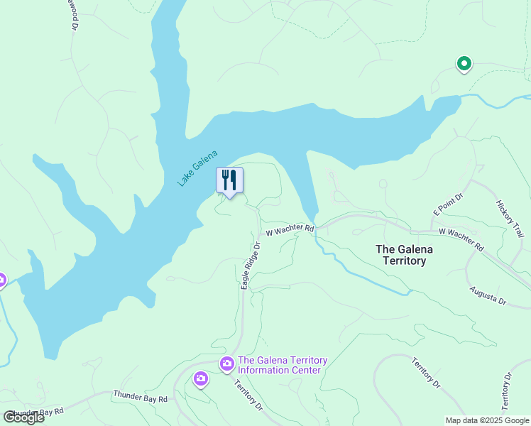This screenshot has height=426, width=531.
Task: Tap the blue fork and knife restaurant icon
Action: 229,180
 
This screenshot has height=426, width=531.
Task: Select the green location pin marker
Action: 464,65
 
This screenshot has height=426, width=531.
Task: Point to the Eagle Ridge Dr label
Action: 251,266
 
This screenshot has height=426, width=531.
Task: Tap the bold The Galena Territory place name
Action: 404,255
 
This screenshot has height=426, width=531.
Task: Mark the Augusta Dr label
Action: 488,296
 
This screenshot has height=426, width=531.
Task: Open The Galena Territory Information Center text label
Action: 280,365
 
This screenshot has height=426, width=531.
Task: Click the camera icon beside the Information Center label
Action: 227,364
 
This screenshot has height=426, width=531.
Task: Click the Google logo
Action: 23,417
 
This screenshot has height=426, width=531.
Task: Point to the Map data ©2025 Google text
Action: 486,420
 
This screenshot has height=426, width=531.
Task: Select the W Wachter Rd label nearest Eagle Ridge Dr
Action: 290,230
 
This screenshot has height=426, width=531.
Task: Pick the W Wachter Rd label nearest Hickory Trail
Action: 461,241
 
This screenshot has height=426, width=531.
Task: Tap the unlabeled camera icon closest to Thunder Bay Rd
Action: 201,379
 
